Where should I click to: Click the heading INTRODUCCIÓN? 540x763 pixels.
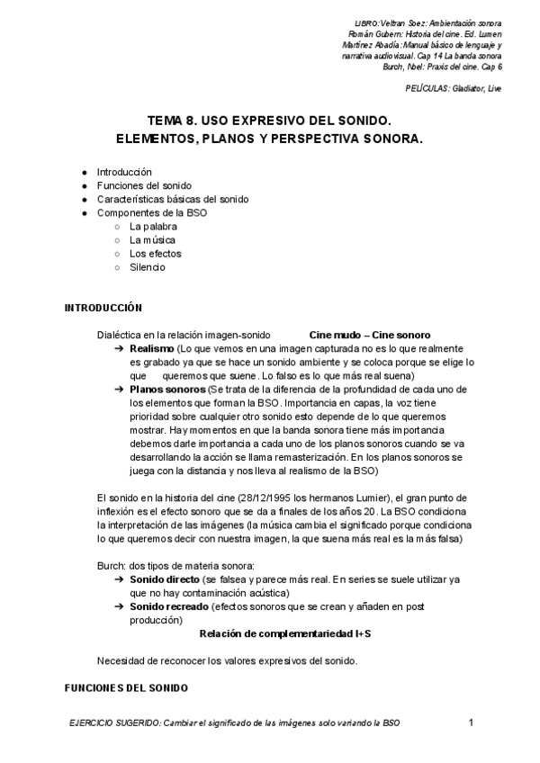click(x=103, y=308)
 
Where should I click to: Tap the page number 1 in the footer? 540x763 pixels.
click(x=472, y=723)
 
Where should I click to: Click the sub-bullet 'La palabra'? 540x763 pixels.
click(x=153, y=227)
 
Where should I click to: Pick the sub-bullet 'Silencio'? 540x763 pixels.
click(x=148, y=267)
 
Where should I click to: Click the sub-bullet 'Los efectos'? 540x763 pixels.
click(x=155, y=254)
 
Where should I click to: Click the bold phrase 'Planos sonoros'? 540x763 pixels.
click(x=167, y=389)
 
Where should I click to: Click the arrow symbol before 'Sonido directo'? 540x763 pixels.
click(x=119, y=579)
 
